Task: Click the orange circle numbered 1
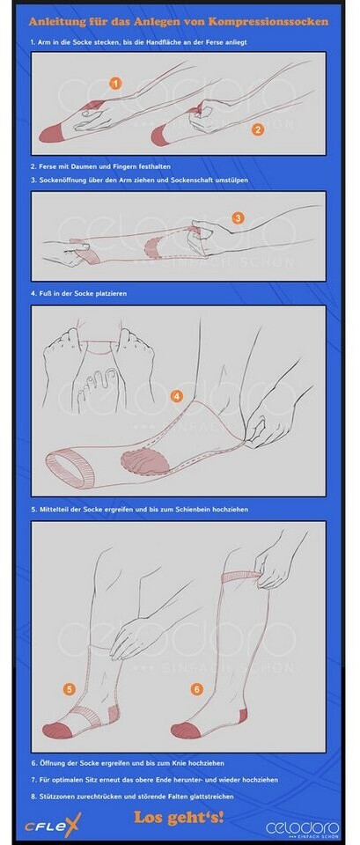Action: [x=115, y=83]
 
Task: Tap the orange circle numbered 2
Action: [x=258, y=129]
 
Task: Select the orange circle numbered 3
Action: [x=238, y=218]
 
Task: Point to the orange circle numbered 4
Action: [x=176, y=396]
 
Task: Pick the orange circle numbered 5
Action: [x=69, y=688]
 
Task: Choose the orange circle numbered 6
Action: [x=196, y=688]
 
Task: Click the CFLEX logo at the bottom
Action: [x=52, y=825]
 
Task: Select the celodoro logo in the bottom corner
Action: [x=302, y=828]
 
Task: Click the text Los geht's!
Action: [x=179, y=817]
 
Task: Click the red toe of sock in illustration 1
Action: [x=50, y=133]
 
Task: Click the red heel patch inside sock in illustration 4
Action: [x=145, y=461]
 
